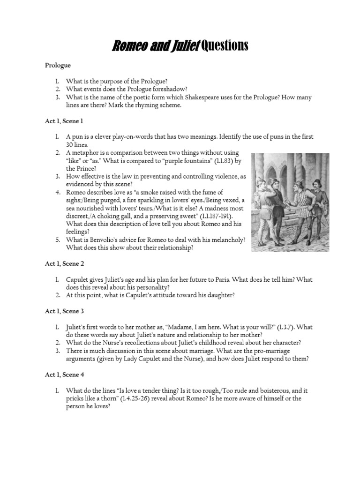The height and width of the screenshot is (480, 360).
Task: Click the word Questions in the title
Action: [x=224, y=45]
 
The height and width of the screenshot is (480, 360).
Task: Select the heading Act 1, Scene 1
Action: [x=64, y=121]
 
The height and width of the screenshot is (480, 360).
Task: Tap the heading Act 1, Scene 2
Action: [x=64, y=264]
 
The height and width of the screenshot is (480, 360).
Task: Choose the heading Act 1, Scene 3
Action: [x=64, y=311]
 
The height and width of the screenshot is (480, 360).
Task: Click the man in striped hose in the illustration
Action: [x=300, y=206]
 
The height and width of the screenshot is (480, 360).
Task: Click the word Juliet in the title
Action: [x=184, y=45]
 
